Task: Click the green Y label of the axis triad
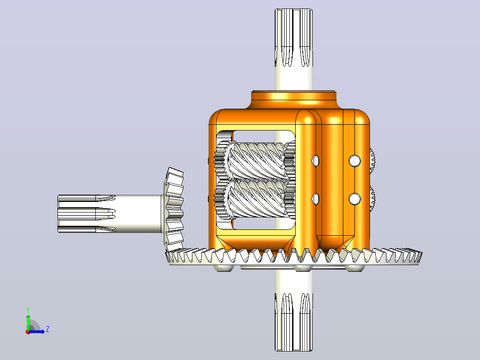(x=28, y=310)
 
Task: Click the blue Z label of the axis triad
(x=48, y=329)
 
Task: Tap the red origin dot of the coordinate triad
(x=28, y=332)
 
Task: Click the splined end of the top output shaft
(x=293, y=37)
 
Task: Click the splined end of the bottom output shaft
(x=293, y=322)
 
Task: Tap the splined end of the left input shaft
(x=87, y=213)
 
